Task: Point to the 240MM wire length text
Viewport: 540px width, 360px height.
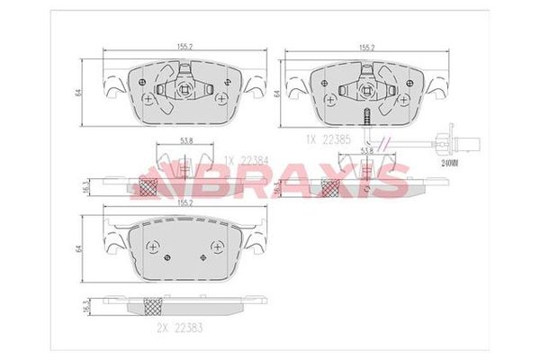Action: click(x=450, y=165)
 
